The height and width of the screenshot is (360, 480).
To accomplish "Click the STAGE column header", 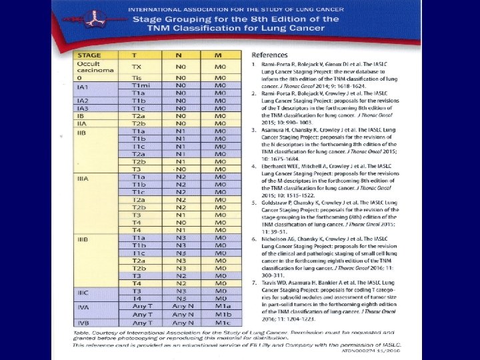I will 89,55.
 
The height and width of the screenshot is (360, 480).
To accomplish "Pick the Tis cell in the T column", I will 137,78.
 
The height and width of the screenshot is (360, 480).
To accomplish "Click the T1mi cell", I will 140,85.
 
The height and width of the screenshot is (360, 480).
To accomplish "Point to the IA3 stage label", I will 83,108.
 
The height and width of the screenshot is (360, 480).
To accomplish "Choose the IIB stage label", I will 83,133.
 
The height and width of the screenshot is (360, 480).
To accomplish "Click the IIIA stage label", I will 84,179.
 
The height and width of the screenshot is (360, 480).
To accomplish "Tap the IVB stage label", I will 83,323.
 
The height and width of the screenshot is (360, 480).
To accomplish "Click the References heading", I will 269,55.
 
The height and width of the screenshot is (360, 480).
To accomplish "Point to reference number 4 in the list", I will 254,165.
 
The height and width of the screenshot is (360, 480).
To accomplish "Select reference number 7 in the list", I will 254,283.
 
